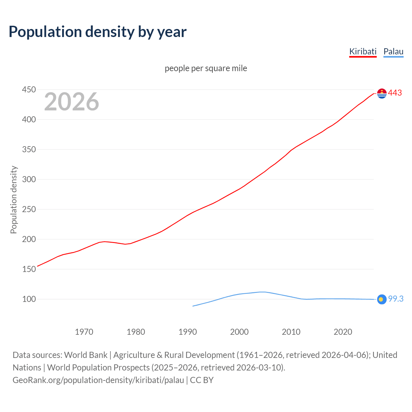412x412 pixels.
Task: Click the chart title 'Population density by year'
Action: pos(98,32)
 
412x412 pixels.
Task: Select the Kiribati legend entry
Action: pos(363,51)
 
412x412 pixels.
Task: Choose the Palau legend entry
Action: pos(393,51)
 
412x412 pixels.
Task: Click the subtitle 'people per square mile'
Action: pos(206,68)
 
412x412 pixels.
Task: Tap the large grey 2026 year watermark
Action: pos(71,102)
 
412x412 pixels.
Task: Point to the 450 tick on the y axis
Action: pos(29,89)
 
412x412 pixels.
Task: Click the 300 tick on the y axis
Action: pos(29,179)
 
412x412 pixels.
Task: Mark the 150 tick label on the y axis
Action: pos(29,269)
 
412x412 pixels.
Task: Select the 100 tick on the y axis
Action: pos(29,299)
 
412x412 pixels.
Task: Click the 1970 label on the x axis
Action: pos(84,332)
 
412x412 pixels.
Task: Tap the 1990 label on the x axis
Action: pos(188,332)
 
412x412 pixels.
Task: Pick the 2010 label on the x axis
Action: pos(291,332)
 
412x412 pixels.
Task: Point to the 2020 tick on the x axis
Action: pos(343,332)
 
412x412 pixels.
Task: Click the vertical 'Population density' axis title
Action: pos(14,200)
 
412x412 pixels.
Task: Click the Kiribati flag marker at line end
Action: pos(382,93)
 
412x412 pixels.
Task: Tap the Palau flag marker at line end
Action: pos(382,299)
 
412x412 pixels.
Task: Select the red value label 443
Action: pos(395,93)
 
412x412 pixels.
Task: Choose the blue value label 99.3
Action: pos(396,299)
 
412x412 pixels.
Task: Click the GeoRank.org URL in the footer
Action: pos(98,380)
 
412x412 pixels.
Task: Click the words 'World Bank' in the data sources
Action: pos(86,355)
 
